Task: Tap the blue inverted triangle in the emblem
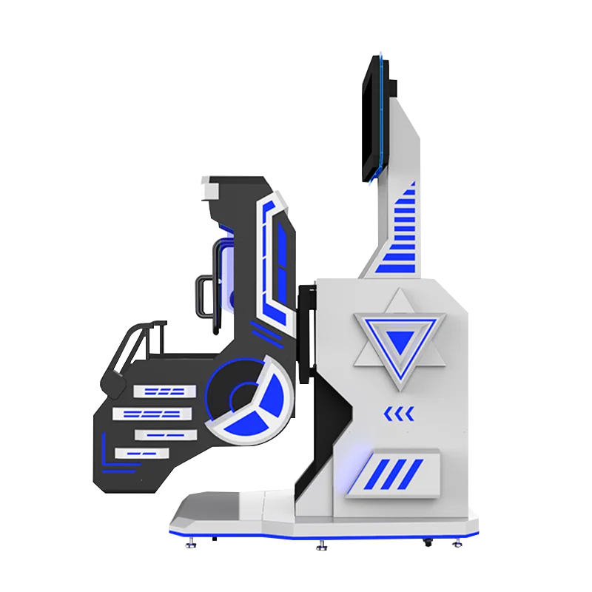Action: click(x=402, y=343)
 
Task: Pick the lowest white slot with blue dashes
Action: click(x=141, y=452)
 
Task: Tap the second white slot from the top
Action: click(x=152, y=411)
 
